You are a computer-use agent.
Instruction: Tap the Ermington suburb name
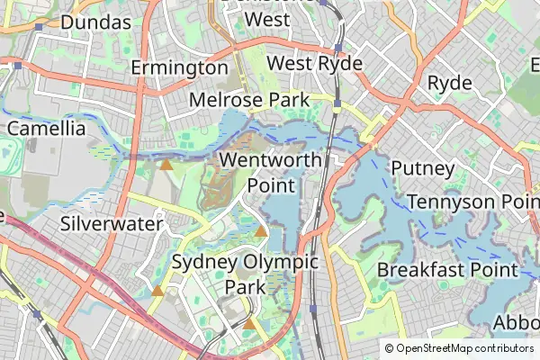(179, 67)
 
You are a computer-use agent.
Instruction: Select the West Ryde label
(315, 64)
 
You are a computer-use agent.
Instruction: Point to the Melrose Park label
(249, 99)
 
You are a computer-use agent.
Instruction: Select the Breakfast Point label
(447, 269)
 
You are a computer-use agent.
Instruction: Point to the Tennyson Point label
(472, 202)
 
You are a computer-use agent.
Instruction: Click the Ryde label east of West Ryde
(450, 83)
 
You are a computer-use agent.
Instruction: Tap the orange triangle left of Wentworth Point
(166, 164)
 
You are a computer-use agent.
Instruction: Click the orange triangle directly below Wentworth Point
(261, 231)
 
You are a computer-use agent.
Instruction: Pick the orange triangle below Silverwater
(157, 290)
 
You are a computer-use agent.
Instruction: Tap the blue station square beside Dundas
(39, 27)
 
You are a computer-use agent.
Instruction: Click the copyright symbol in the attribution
(390, 348)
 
